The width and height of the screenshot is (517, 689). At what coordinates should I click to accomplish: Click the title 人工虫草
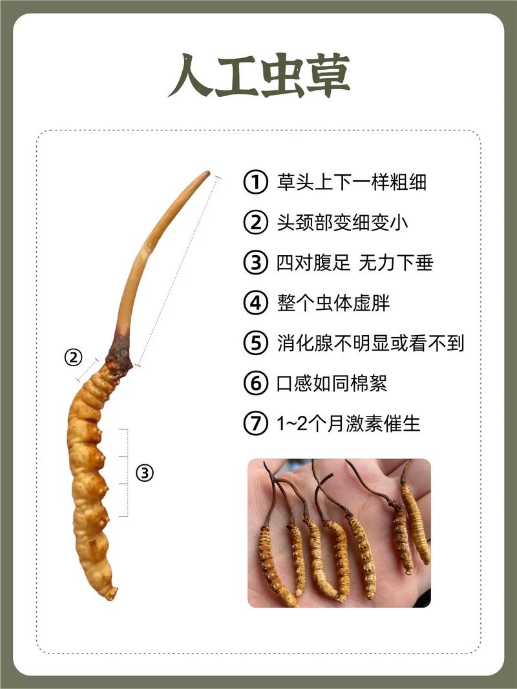[259, 76]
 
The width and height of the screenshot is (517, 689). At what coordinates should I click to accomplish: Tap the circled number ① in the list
[255, 182]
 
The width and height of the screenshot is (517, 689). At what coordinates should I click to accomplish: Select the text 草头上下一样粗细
[352, 182]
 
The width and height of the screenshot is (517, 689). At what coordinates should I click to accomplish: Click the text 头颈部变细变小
[342, 222]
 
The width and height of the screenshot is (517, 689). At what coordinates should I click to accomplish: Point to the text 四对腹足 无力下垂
[355, 263]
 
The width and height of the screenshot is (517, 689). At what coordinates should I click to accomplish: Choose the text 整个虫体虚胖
[333, 303]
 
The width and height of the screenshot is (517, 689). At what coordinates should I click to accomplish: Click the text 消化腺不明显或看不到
[370, 343]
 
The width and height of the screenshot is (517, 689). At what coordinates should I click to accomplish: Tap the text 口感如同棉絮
[332, 383]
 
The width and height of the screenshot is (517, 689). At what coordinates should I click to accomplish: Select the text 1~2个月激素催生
[348, 424]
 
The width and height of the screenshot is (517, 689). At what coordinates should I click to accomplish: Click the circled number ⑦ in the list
[255, 424]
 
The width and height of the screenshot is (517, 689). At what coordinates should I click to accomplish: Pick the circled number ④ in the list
[255, 303]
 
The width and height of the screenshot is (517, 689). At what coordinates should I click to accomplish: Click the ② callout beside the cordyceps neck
[74, 357]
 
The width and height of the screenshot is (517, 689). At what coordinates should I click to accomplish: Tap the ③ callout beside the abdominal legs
[145, 473]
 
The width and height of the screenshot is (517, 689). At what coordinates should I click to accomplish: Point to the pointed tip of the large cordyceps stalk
[208, 172]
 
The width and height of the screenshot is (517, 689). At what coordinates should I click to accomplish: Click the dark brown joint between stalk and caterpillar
[119, 354]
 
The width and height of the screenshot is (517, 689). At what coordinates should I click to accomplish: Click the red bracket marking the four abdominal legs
[127, 473]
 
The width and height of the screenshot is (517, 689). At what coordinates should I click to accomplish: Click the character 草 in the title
[328, 76]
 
